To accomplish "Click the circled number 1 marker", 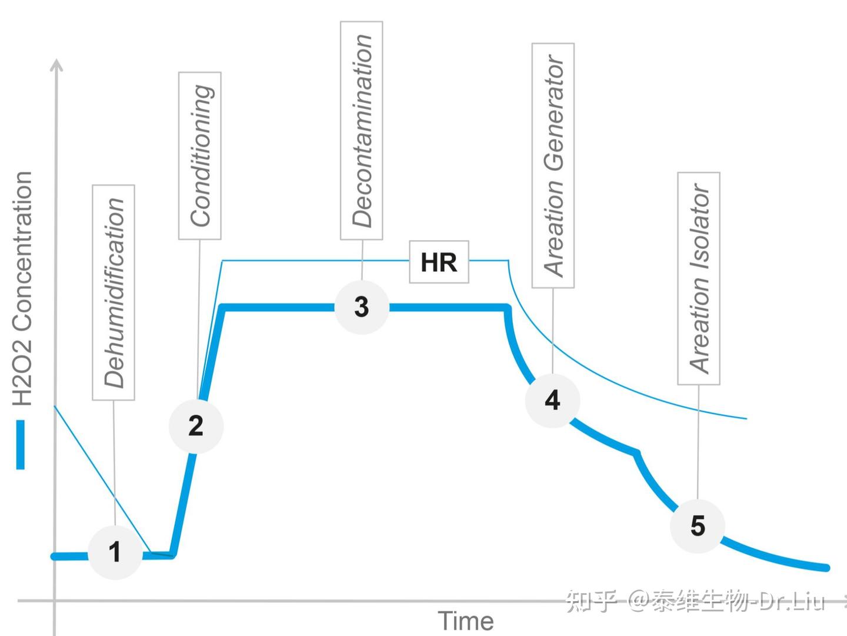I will (x=115, y=552).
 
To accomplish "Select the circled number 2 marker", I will (x=196, y=425).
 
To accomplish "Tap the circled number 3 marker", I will (x=362, y=307).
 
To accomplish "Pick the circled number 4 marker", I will (x=552, y=400).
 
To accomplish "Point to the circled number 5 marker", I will (x=698, y=525).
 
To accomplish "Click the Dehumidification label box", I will (x=114, y=292).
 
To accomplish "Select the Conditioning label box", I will (x=200, y=155).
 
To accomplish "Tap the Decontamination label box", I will (x=362, y=131).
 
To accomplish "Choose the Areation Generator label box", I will (x=553, y=165).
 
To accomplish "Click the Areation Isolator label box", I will (x=699, y=278).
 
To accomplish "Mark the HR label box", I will (x=439, y=262).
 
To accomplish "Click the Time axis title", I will (x=466, y=621).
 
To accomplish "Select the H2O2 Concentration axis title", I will (x=22, y=288).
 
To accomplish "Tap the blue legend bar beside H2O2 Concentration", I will (x=21, y=444).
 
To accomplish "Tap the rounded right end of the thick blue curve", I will (x=826, y=568).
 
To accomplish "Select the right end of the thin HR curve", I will (x=745, y=418).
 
